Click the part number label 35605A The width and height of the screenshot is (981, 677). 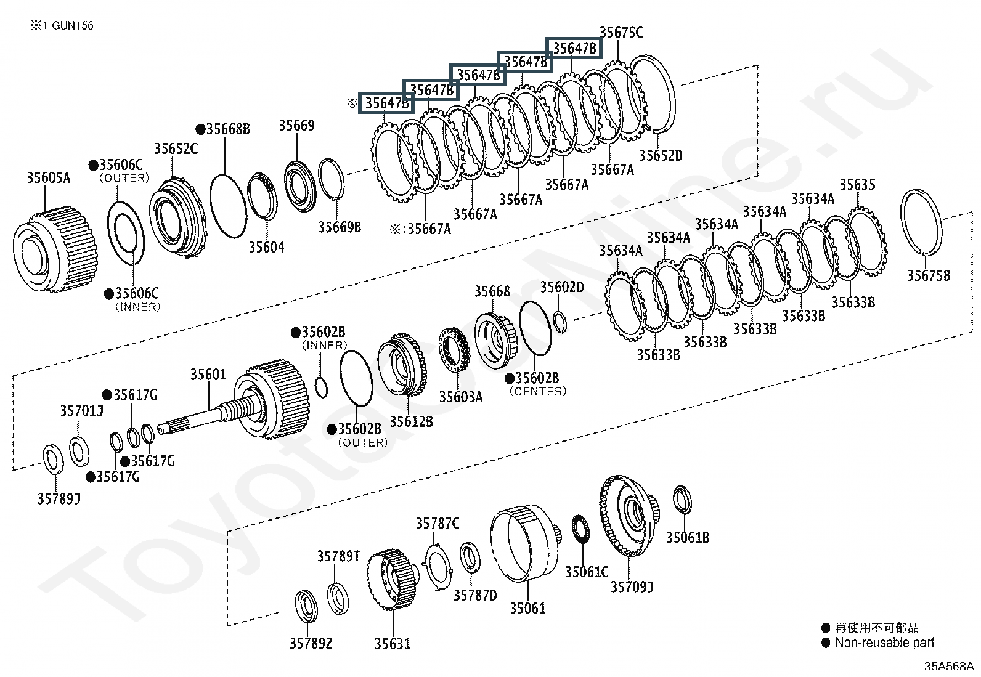coord(48,178)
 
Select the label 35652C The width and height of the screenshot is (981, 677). coord(176,148)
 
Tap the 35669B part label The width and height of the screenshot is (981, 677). coord(339,227)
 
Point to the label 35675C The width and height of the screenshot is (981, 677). coord(621,33)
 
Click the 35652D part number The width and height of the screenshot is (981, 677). coord(660,155)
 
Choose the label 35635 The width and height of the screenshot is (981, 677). coord(857,185)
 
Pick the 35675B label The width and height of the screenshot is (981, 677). coord(927,275)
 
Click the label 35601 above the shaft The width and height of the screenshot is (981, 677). coord(208,375)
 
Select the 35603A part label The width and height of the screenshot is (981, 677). coord(460,397)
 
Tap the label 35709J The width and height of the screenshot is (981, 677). coord(632,586)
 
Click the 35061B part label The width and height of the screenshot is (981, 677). coord(687,537)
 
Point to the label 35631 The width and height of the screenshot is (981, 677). coord(392,644)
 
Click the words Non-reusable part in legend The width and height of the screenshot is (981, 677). coord(884,643)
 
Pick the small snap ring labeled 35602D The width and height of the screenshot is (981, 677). coord(560,321)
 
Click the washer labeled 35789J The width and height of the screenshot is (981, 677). coord(53,460)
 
